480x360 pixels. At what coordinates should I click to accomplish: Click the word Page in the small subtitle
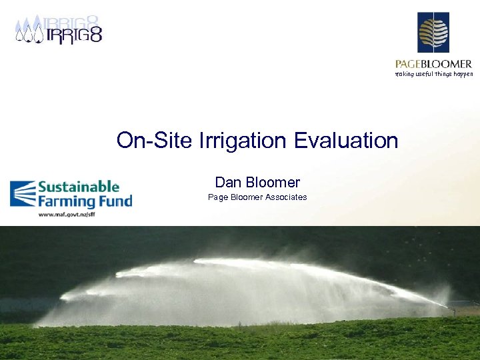pos(217,197)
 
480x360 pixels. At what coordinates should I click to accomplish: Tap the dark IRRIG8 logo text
pos(73,34)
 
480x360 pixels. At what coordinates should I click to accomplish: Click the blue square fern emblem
pos(433,32)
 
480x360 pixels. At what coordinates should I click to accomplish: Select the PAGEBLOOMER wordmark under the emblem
pos(433,64)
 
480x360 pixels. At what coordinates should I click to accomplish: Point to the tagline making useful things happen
pos(434,74)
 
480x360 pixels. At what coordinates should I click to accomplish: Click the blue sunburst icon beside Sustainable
pos(23,194)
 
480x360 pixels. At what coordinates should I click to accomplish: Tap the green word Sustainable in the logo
pos(78,187)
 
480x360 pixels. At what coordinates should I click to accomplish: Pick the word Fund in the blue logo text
pos(117,201)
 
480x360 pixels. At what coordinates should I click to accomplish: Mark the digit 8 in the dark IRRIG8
pos(95,34)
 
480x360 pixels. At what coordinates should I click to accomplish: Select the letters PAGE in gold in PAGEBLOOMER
pos(409,64)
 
